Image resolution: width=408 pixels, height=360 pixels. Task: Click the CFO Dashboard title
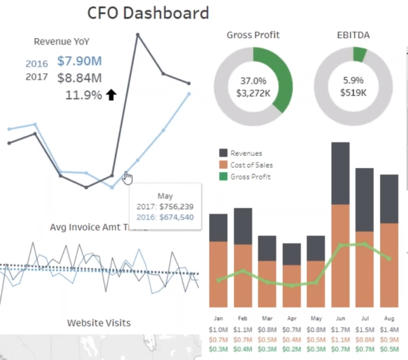148,12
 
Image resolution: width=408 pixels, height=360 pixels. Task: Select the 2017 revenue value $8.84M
80,78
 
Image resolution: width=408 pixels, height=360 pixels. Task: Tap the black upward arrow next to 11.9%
111,95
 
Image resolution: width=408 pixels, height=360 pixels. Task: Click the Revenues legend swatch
223,154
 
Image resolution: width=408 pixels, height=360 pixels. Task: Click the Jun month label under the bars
340,318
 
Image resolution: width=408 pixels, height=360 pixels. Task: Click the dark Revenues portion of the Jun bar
340,174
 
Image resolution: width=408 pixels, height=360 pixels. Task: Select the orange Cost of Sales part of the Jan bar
218,272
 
